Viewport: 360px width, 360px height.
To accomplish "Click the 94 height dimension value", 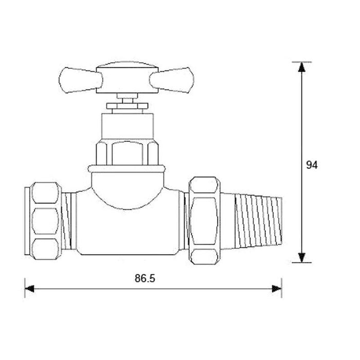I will [x=312, y=165].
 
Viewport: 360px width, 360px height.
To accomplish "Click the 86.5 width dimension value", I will [x=145, y=278].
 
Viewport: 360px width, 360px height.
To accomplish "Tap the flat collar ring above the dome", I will [x=127, y=168].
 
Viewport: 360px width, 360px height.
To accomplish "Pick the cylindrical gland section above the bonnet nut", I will [x=127, y=125].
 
